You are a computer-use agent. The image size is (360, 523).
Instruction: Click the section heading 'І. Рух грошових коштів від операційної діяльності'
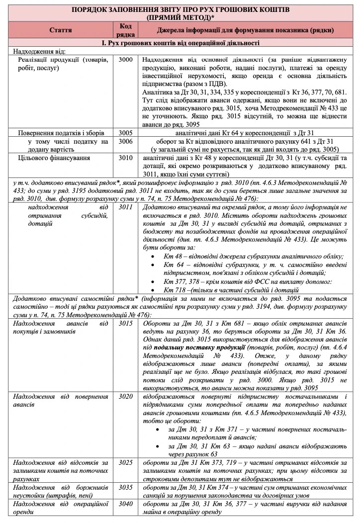point(180,43)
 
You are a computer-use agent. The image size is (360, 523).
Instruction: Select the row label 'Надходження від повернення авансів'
point(61,401)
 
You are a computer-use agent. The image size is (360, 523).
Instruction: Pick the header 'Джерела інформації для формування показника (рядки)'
point(246,30)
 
